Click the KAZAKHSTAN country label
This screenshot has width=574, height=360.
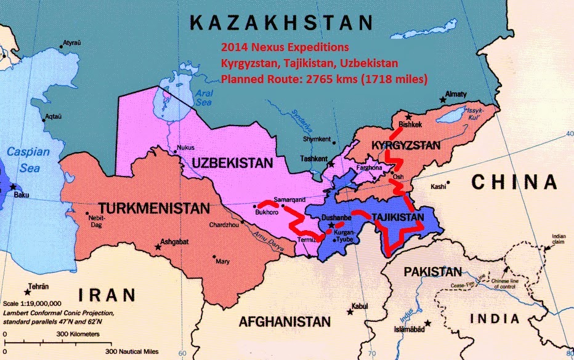coord(281,23)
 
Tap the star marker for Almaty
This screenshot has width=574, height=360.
coord(442,99)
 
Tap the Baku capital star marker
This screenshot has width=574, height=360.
coord(12,186)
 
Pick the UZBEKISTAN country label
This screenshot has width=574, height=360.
coord(231,163)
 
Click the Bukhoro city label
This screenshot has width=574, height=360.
coord(266,213)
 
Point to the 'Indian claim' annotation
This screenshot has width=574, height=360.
coord(559,238)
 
